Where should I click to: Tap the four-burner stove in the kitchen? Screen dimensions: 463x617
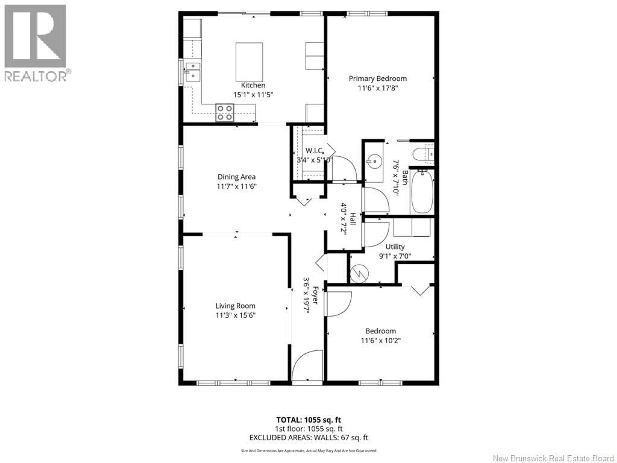224,113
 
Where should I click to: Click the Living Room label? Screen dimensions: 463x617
235,306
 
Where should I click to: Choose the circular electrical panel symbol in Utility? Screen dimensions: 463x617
360,273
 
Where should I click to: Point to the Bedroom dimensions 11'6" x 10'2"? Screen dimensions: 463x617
381,340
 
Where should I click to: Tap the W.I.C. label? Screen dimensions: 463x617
314,151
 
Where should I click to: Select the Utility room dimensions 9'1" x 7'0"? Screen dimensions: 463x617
395,256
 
